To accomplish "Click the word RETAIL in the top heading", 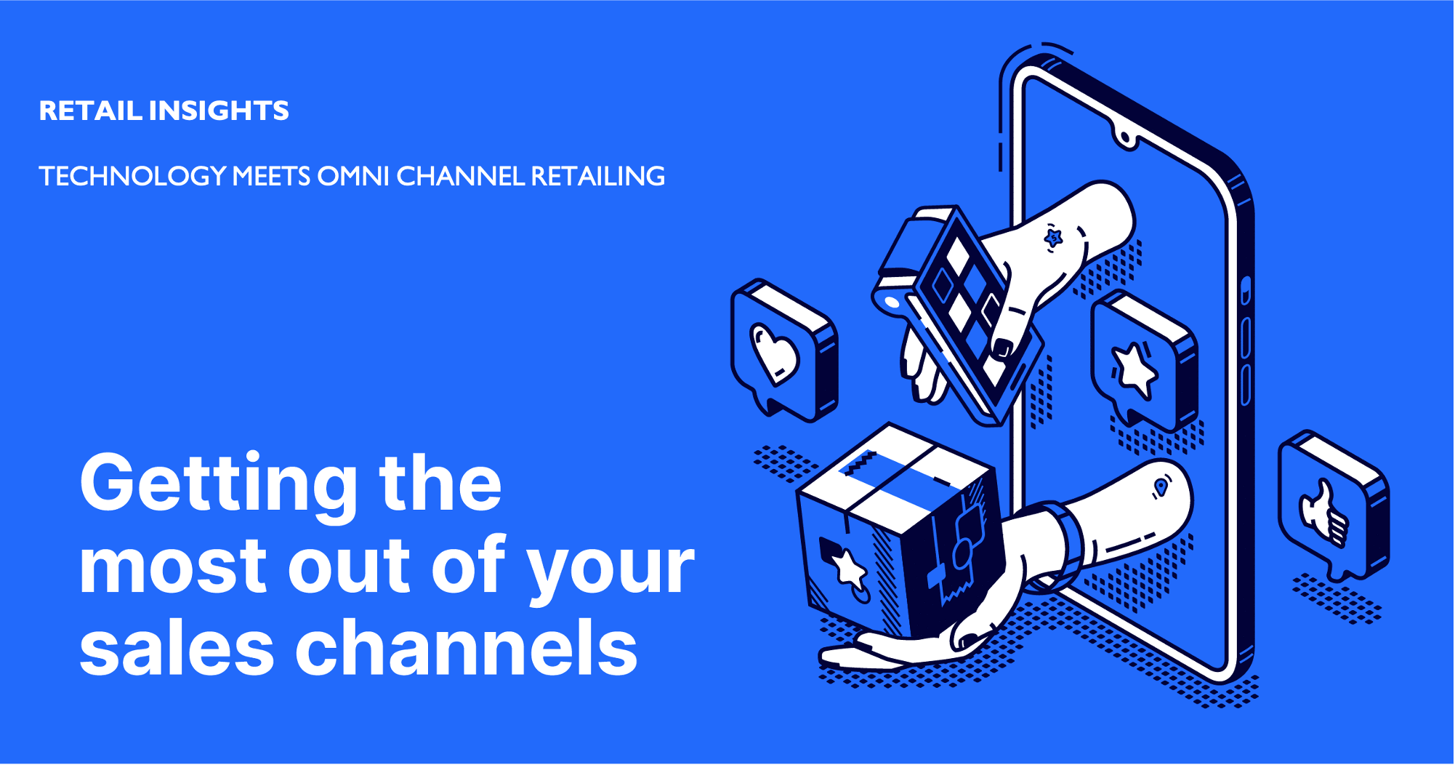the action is (90, 111).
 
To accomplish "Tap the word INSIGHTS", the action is (219, 111).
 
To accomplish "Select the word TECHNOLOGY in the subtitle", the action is (132, 176).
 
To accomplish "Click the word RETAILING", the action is (598, 176).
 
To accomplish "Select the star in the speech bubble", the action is (1134, 369).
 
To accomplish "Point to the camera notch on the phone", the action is (1125, 137).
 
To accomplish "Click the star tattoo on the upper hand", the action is (1053, 237).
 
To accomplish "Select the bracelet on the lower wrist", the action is (1060, 545).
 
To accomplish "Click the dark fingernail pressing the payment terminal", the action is (1003, 348).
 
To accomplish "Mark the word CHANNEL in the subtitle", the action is (461, 176).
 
